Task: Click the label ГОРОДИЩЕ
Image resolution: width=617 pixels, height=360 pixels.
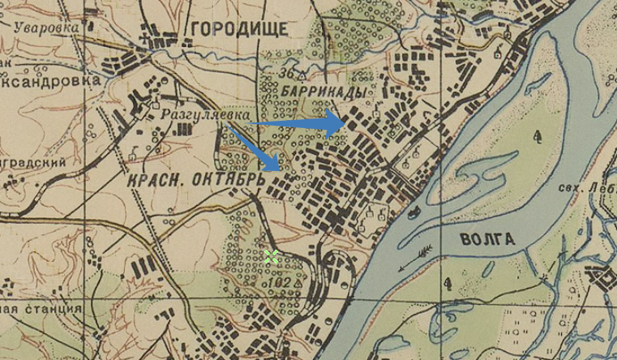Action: (239, 30)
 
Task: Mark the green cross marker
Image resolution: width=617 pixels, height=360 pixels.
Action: (271, 256)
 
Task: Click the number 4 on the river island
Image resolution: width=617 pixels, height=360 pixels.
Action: (538, 138)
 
